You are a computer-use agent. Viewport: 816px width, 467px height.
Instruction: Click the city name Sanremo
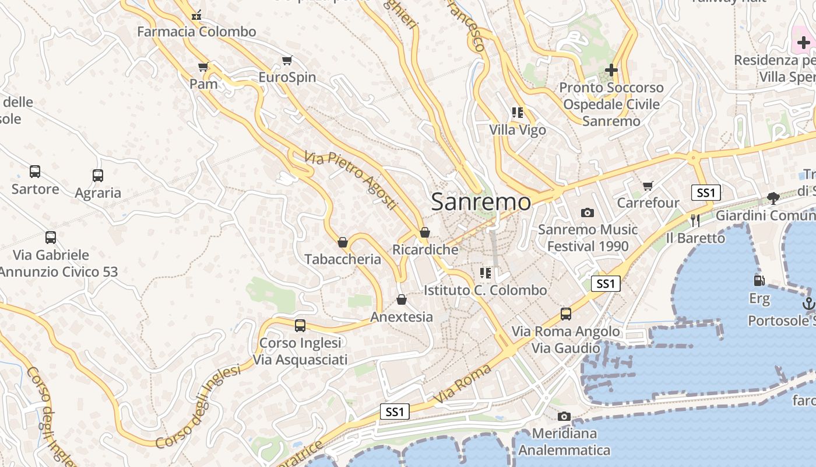coord(481,202)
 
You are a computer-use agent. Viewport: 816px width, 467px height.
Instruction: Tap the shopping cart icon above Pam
coord(203,67)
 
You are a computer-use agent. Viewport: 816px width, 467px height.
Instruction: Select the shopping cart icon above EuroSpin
coord(287,60)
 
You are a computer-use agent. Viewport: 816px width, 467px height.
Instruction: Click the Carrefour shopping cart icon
coord(648,186)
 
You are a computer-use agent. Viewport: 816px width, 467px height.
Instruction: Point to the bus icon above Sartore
coord(35,172)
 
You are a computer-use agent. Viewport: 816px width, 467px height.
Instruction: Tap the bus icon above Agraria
coord(98,175)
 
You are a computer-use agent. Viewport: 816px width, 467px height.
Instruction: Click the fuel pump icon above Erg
coord(759,281)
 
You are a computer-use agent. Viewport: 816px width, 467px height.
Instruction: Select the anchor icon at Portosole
coord(808,303)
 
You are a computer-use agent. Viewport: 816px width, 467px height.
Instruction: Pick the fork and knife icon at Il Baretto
coord(695,220)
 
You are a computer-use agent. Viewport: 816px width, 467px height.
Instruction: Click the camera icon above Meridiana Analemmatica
coord(564,416)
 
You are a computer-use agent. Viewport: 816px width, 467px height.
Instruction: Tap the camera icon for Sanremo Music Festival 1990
coord(588,212)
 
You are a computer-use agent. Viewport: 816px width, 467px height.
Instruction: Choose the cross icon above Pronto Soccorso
coord(611,70)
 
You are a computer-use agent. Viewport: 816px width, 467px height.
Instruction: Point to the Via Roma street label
coord(462,384)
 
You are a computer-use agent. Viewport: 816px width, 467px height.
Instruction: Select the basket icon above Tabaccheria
coord(343,242)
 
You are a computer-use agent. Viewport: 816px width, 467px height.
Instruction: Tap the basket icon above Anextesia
coord(402,299)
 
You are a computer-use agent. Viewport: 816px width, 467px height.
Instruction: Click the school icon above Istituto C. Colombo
coord(486,273)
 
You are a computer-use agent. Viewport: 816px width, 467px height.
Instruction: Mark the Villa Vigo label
coord(518,130)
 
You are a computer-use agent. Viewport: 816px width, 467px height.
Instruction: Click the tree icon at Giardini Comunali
coord(773,198)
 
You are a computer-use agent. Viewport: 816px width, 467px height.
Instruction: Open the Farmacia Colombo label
coord(196,32)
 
